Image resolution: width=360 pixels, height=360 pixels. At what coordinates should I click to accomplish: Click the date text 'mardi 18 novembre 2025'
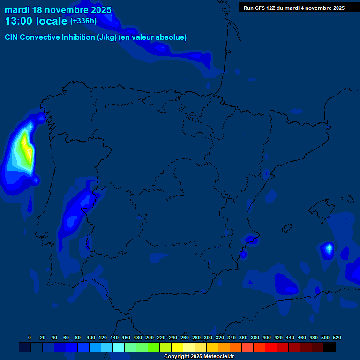tap(58, 10)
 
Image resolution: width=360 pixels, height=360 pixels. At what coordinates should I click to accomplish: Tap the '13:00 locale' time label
tap(36, 21)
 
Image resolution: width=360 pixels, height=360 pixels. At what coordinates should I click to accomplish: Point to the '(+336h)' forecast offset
tap(83, 21)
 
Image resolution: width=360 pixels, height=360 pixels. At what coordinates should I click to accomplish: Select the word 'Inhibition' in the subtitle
tap(77, 37)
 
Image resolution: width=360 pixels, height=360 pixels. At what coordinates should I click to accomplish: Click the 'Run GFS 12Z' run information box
tap(294, 7)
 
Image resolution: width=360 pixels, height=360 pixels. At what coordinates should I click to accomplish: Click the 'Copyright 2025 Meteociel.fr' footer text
tap(199, 357)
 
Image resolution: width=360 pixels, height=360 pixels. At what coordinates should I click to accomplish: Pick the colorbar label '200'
tap(150, 337)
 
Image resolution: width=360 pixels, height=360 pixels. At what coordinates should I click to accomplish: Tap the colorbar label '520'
tap(337, 337)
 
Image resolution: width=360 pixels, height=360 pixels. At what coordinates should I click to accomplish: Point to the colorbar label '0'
tap(30, 337)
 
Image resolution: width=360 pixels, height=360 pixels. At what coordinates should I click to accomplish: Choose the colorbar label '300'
tap(208, 337)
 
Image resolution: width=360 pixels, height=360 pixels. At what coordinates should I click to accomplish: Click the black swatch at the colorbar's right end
tap(330, 347)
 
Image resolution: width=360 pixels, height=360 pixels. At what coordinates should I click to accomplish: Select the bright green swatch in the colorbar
tap(154, 347)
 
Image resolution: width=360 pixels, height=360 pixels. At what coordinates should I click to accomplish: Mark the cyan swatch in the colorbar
tap(119, 347)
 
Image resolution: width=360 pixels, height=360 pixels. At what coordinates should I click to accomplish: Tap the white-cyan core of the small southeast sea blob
tap(329, 247)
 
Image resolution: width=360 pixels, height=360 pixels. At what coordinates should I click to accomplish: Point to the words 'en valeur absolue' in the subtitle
tap(152, 37)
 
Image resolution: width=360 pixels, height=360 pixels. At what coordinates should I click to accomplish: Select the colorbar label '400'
tap(267, 337)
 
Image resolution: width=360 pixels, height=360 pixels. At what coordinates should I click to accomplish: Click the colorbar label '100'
tap(91, 337)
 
